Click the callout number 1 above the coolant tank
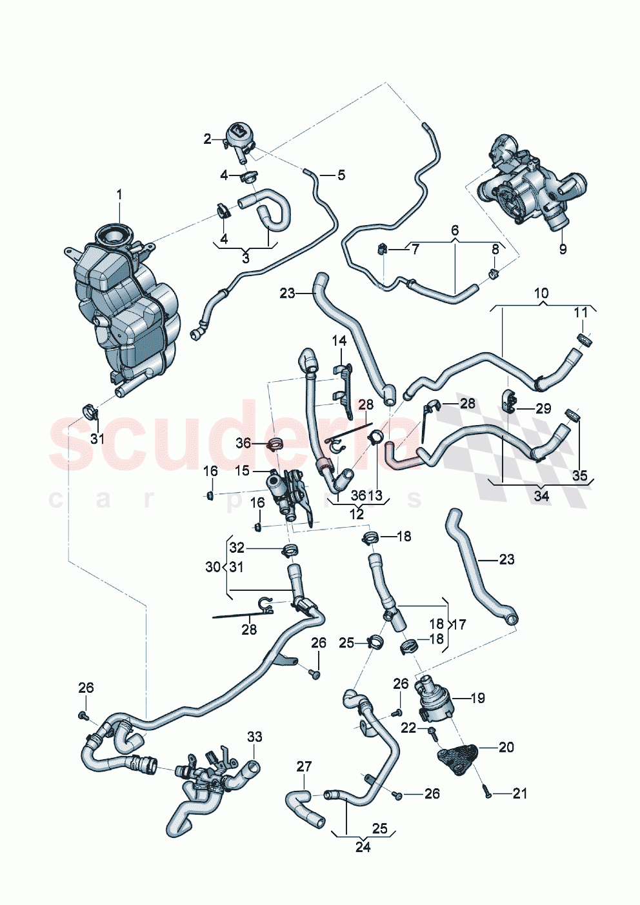(x=119, y=194)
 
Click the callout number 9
(x=563, y=249)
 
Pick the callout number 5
(x=341, y=175)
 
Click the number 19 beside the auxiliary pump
(x=477, y=698)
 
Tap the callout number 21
(x=519, y=793)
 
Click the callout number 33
(x=255, y=737)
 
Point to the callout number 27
(x=304, y=766)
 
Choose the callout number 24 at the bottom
(x=363, y=847)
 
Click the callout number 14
(x=339, y=341)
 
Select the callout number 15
(x=242, y=472)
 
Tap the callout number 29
(x=543, y=408)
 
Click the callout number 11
(x=581, y=313)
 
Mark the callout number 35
(x=580, y=475)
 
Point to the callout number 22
(x=408, y=728)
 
